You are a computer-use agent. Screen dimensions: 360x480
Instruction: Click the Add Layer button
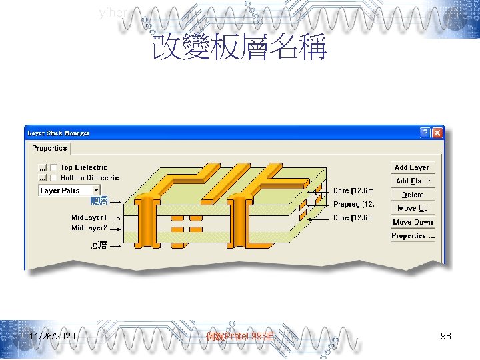412,167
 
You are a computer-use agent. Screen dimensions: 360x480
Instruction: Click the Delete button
412,195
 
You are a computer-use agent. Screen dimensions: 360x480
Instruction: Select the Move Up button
412,208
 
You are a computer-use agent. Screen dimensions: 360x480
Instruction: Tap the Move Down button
412,222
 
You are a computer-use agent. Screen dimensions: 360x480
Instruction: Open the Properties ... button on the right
412,236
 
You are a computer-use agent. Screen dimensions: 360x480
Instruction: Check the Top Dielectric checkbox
53,167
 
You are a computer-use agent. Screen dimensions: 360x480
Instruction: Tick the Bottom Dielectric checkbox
53,178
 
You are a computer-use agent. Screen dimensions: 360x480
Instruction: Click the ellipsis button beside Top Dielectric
42,167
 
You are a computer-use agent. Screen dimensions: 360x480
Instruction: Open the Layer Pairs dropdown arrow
96,191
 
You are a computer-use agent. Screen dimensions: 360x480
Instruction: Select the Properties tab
49,148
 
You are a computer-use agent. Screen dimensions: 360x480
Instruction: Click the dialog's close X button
437,133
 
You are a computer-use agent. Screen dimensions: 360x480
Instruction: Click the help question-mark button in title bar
424,133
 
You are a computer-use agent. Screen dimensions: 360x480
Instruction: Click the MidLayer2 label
89,228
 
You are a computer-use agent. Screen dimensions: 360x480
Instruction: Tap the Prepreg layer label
354,205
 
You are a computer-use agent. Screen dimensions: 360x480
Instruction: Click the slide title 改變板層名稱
239,48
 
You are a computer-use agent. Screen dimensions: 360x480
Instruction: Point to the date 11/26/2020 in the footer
52,337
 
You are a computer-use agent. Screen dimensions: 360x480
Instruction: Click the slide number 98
446,337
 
